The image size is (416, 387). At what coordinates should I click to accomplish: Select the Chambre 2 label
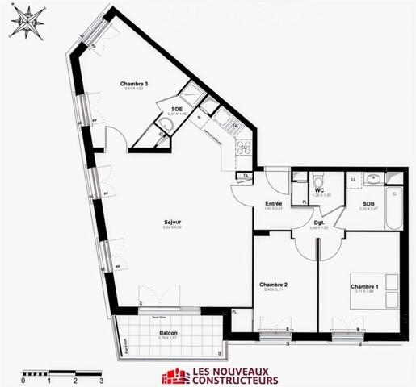274,285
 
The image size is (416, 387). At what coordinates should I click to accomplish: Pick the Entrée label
273,203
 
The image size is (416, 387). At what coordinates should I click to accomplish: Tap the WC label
320,190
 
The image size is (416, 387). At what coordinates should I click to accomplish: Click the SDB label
368,203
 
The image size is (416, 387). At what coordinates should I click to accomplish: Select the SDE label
177,108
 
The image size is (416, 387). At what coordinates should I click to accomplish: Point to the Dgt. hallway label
318,223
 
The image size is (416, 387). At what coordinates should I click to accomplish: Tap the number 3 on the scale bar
101,378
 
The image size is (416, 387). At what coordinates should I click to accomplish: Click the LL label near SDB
354,178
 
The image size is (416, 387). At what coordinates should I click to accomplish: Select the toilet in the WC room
319,178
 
